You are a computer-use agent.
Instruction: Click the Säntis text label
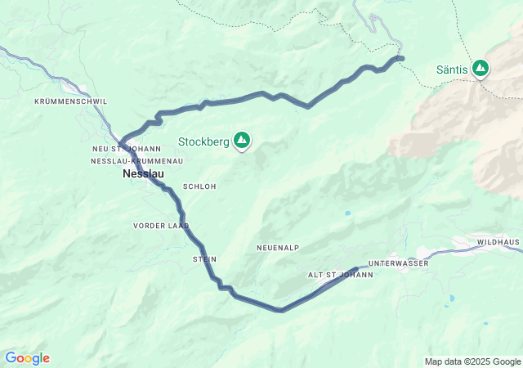coord(453,70)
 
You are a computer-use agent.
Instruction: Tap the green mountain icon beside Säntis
coord(481,68)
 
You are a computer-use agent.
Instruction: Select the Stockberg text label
coord(203,141)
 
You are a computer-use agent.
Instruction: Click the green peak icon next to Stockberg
coord(242,141)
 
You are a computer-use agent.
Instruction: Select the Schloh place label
coord(199,186)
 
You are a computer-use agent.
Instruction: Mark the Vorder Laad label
coord(161,225)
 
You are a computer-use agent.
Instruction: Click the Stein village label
coord(204,259)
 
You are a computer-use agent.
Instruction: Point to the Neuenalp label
coord(278,247)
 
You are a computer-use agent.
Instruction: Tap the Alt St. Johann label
coord(340,275)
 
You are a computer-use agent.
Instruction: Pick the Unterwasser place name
coord(398,263)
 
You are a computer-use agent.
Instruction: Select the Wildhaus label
coord(498,243)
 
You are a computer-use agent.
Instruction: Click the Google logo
coord(27,358)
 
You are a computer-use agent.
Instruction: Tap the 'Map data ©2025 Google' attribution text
coord(472,361)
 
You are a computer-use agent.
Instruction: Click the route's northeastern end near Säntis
coord(401,57)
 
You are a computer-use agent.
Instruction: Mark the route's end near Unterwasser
coord(360,268)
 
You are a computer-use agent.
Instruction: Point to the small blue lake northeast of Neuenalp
coord(347,213)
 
